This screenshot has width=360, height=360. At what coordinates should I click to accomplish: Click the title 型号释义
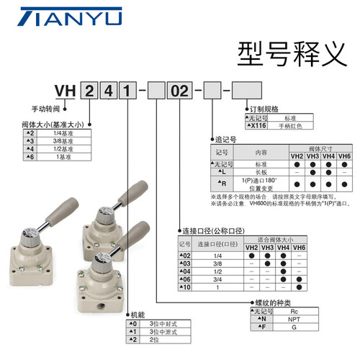pyautogui.click(x=280, y=54)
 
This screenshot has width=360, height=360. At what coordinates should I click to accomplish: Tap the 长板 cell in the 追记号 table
pyautogui.click(x=261, y=173)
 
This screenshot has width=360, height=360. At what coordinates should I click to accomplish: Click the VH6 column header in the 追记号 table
pyautogui.click(x=343, y=156)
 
